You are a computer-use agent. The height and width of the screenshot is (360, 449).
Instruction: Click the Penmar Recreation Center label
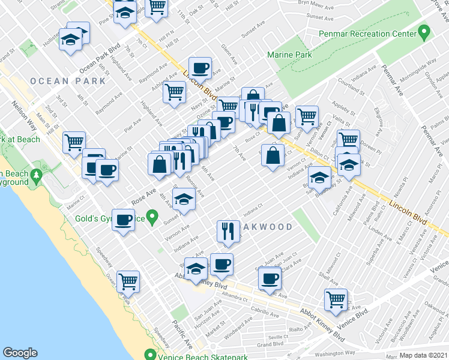[x=368, y=34]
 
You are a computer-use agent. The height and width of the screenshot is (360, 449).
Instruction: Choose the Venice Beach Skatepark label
[x=202, y=355]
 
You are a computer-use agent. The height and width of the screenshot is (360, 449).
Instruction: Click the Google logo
[x=20, y=353]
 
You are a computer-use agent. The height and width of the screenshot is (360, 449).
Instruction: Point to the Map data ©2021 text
[x=424, y=355]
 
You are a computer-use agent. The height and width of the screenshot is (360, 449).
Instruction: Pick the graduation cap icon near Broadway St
[x=319, y=176]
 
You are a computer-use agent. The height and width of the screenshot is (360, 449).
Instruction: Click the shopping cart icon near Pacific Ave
[x=128, y=280]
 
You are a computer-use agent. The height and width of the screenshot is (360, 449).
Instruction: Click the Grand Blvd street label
[x=271, y=344]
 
